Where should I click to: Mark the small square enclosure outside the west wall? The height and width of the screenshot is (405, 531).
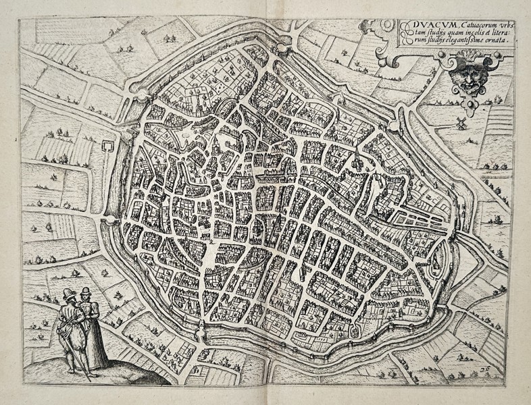click(107, 146)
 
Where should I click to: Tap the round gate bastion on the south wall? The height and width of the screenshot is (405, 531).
click(201, 328)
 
